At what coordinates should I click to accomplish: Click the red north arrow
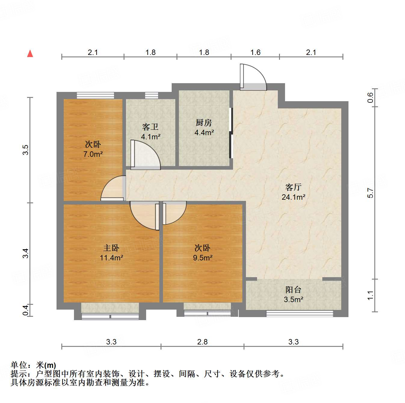30,53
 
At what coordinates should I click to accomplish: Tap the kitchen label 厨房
204,123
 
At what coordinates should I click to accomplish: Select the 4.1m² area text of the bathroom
151,137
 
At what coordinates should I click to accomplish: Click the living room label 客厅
293,187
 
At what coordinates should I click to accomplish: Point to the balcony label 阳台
293,290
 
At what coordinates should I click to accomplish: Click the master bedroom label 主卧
111,248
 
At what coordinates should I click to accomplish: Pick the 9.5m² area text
203,258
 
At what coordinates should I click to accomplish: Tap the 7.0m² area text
93,154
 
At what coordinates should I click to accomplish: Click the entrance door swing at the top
253,77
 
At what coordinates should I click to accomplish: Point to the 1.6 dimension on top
255,53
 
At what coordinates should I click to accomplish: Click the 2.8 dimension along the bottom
202,342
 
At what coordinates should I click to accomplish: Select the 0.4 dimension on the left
26,310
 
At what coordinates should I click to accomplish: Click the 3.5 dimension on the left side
26,150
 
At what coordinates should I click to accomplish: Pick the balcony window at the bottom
300,314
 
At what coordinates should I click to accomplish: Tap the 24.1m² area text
293,197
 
